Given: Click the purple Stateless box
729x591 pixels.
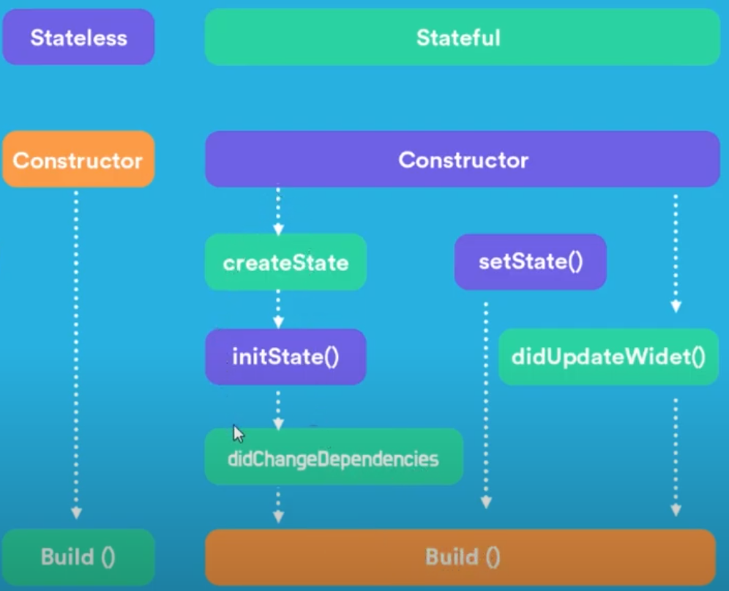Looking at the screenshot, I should pos(78,37).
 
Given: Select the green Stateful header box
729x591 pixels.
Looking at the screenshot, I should pos(462,37).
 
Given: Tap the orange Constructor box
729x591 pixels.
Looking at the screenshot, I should pos(78,160).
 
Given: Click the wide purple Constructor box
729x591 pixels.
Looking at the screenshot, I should pos(462,160).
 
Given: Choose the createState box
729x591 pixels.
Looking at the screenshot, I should pos(285,262).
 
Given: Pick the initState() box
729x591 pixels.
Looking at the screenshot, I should pos(285,357).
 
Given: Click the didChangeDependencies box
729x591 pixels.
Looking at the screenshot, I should pos(334,458).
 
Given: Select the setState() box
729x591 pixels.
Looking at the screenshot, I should pos(531,262).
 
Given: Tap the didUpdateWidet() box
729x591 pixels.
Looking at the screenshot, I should pos(608,357).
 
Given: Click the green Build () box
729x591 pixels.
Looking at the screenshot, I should pos(78,557).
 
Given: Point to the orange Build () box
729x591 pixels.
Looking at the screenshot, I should pos(462,557).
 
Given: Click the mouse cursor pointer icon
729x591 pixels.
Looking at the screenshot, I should pos(239,434).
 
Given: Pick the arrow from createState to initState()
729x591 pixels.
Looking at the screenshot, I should pos(278,308).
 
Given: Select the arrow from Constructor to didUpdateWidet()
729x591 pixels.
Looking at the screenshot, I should pos(676,253).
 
